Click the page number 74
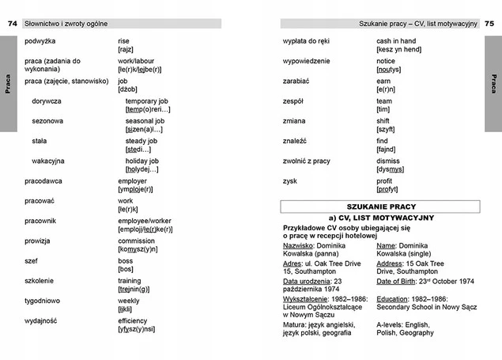[12, 24]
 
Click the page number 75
[489, 24]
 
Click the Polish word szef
[32, 260]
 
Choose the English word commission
[136, 241]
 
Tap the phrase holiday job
[147, 161]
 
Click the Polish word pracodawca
[43, 181]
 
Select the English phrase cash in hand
[396, 40]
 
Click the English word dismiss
[388, 161]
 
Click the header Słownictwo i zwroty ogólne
[66, 24]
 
